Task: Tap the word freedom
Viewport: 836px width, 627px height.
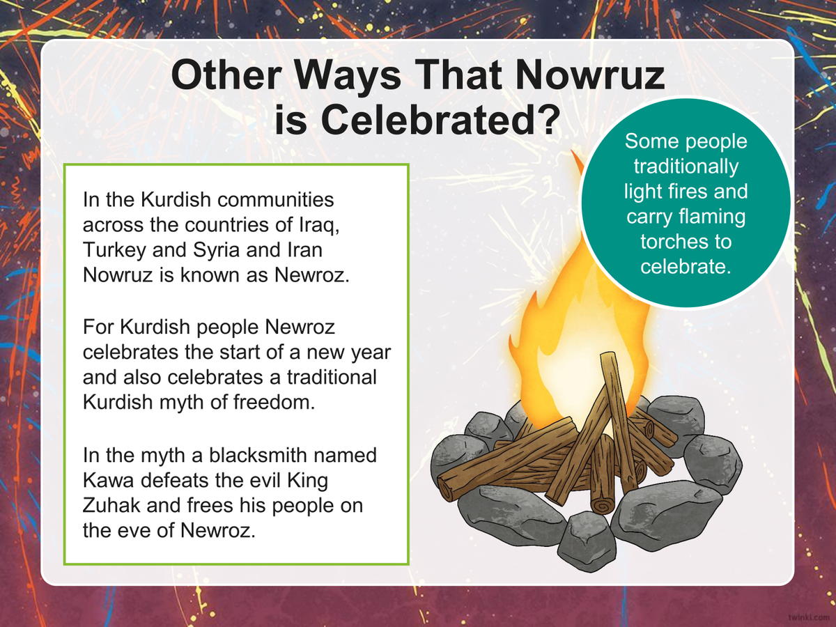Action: coord(274,402)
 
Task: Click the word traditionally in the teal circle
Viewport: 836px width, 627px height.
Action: coord(686,167)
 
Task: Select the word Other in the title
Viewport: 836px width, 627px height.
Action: coord(226,75)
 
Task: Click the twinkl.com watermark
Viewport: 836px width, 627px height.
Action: coord(809,617)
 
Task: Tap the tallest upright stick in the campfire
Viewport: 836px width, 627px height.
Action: coord(617,419)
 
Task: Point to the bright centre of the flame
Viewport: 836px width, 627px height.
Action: coord(571,377)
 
